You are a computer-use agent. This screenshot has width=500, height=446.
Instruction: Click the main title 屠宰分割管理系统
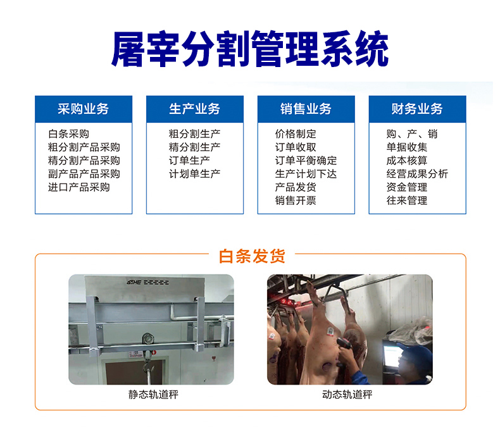point(249,49)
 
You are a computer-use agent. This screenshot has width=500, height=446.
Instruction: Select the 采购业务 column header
point(83,109)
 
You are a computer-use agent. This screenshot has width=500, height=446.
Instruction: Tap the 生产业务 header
point(194,109)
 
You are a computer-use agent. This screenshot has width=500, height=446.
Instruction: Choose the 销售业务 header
point(306,109)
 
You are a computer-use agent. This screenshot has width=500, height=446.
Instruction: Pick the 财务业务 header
point(417,109)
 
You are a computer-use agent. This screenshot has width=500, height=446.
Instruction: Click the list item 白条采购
point(68,134)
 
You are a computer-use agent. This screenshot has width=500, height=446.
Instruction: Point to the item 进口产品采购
point(78,187)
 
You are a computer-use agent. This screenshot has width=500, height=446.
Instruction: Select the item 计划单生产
point(194,174)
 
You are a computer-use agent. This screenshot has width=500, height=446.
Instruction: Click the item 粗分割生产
point(194,134)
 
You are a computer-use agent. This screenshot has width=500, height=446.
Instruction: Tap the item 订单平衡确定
point(306,160)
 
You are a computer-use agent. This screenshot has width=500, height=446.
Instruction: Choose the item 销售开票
point(296,201)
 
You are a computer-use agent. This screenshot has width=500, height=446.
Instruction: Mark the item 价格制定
point(296,134)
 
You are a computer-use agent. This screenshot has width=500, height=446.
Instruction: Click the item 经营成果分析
point(417,174)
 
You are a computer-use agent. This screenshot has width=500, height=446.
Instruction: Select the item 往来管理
point(407,201)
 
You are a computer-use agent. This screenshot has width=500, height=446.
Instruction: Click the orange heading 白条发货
point(252,256)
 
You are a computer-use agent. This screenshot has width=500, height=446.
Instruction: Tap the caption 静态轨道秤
point(153,395)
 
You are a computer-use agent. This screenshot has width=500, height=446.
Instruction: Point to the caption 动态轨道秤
point(347,395)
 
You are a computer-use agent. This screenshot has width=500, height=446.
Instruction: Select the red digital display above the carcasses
point(287,302)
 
